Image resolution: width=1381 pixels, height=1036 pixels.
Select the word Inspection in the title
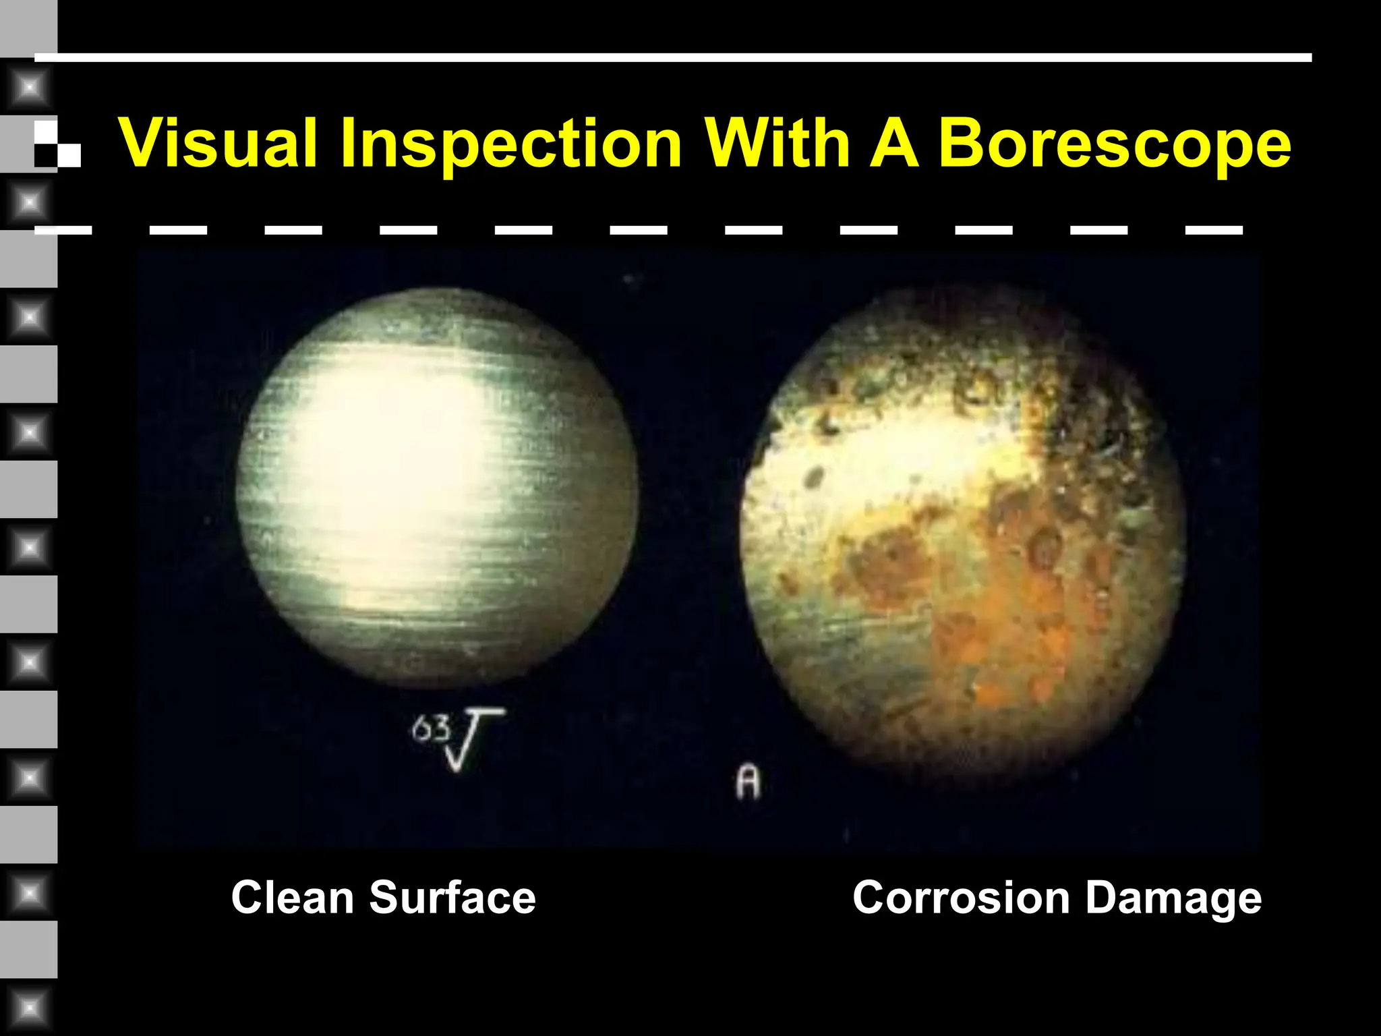(510, 145)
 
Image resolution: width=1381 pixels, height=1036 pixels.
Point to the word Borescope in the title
(1114, 145)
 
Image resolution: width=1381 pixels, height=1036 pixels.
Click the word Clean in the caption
(292, 898)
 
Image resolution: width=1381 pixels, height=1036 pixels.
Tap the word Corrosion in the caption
(961, 898)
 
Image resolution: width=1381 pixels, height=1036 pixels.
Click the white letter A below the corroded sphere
(748, 782)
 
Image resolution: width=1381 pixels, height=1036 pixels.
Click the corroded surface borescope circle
(962, 533)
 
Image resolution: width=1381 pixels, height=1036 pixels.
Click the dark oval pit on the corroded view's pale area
(815, 478)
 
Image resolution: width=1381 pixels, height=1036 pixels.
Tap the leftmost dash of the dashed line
(63, 231)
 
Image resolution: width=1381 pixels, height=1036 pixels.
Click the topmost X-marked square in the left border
(29, 88)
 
